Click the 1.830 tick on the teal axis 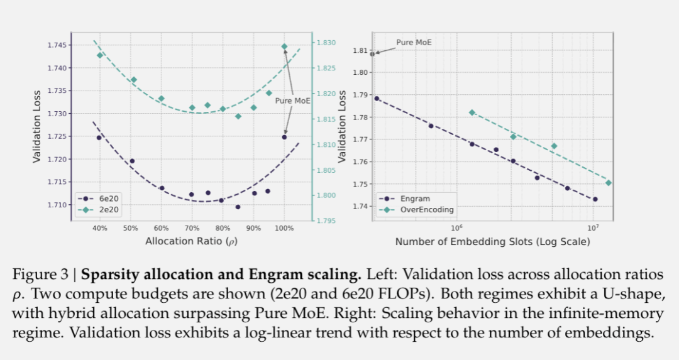pos(328,43)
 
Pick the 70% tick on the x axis pos(192,227)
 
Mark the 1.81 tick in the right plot pos(360,50)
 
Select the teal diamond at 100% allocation pos(284,46)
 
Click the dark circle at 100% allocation pos(284,137)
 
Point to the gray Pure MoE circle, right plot pos(372,54)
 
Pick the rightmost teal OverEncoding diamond pos(608,183)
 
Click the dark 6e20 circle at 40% pos(99,138)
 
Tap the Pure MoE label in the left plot pos(293,100)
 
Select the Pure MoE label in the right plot pos(414,43)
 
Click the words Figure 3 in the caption pos(41,275)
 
